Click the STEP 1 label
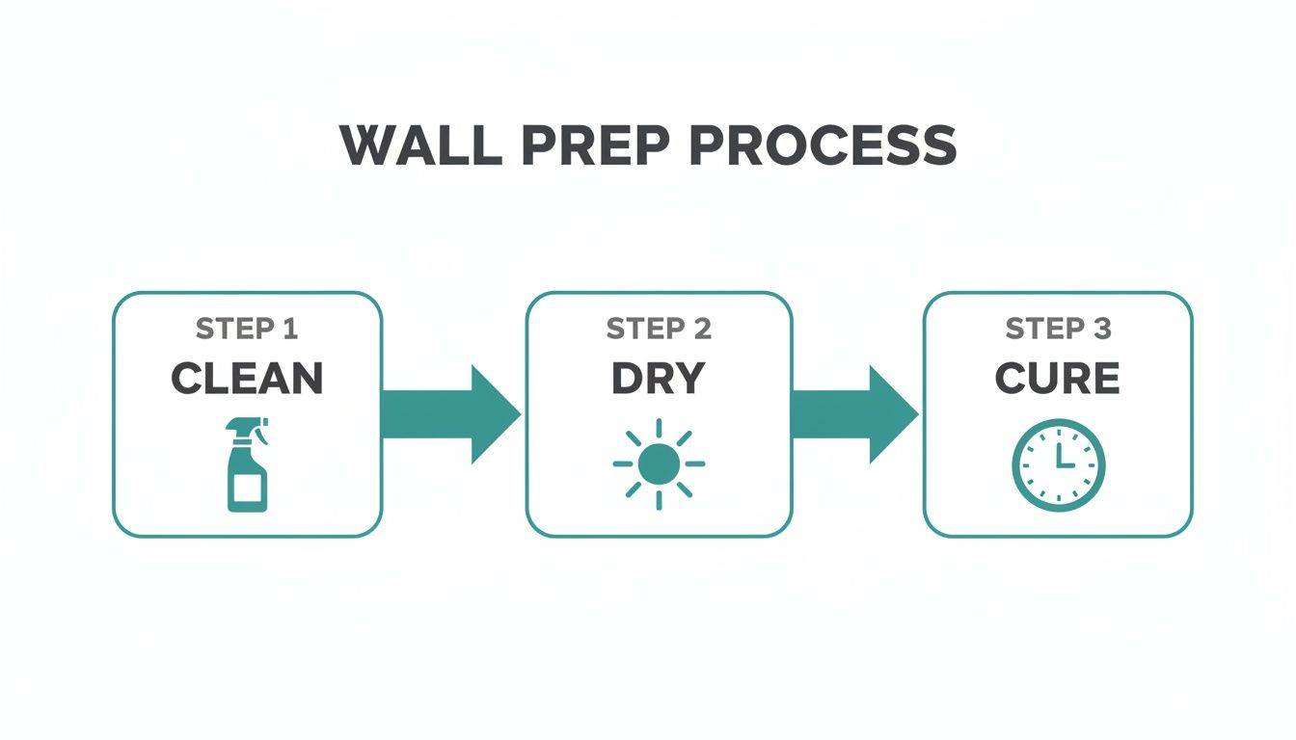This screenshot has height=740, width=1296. point(247,329)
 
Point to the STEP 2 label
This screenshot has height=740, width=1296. point(659,329)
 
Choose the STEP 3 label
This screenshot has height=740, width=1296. point(1058,329)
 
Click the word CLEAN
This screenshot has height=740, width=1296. point(247,379)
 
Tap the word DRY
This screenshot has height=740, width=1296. point(659,379)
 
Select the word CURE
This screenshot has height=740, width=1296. point(1058,379)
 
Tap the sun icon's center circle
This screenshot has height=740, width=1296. point(659,464)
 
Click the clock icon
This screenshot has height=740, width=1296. point(1058,465)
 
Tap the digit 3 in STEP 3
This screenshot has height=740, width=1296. point(1101,329)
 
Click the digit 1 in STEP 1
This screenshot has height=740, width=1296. point(289,329)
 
